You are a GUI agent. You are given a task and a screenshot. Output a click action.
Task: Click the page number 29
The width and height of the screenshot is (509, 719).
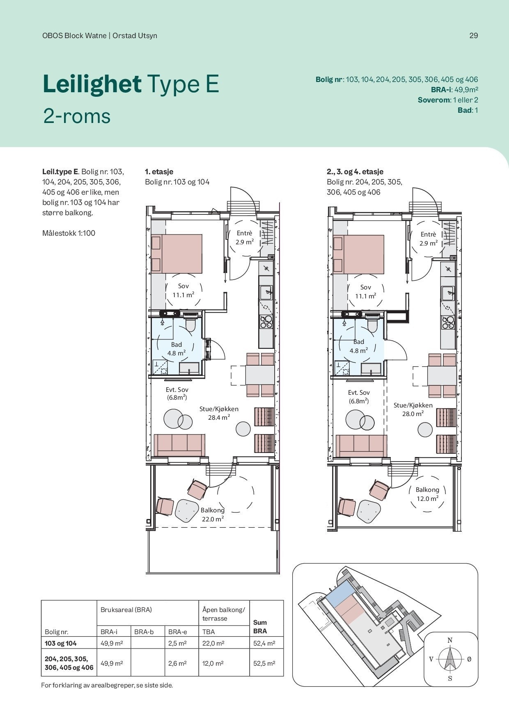pos(474,36)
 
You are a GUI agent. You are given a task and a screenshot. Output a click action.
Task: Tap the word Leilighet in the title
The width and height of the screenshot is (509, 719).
pos(92,84)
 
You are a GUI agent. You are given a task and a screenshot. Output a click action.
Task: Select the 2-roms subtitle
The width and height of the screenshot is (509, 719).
pos(77,116)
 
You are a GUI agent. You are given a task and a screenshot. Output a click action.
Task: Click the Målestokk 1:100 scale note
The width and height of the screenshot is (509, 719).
pos(69,233)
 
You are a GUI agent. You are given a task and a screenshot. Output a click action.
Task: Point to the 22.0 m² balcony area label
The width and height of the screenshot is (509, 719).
pos(213,519)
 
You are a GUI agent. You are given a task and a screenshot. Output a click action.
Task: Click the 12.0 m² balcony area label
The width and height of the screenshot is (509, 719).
pos(427,499)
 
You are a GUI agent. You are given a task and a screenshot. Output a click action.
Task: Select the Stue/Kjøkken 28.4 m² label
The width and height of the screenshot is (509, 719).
pos(219,413)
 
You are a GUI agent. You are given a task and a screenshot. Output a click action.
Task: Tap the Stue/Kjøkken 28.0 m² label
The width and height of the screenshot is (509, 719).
pos(413,410)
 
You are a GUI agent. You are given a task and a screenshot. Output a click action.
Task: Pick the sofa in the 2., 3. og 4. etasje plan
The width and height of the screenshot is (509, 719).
pos(361,446)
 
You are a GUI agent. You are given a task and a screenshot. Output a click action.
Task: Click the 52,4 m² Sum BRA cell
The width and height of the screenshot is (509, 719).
pos(264,644)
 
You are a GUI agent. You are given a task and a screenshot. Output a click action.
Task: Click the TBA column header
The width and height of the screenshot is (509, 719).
pos(209,632)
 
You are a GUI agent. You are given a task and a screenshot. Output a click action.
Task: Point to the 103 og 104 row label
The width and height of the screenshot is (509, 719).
pos(60,644)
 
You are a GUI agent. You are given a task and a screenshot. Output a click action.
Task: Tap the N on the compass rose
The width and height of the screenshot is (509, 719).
pos(450,640)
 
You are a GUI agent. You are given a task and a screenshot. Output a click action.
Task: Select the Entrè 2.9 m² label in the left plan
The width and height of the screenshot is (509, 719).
pos(244,238)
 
